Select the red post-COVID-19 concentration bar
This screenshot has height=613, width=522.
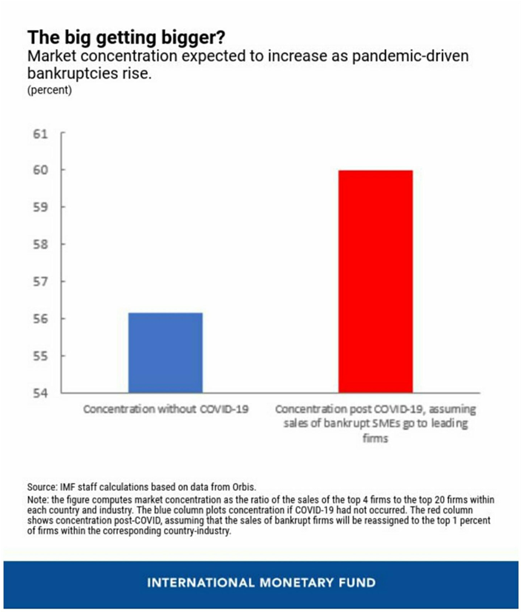click(375, 281)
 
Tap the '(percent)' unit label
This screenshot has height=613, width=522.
click(50, 91)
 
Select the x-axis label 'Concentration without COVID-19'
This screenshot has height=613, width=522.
click(166, 410)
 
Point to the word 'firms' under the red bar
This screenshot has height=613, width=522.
click(375, 438)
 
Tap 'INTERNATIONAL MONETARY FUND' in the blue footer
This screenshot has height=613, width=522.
click(261, 582)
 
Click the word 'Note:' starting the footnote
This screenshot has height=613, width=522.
click(37, 499)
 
